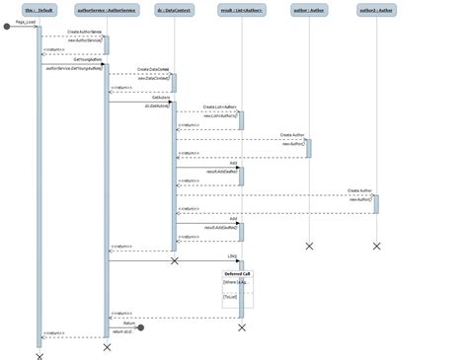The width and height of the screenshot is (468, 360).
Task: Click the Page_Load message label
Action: pyautogui.click(x=26, y=22)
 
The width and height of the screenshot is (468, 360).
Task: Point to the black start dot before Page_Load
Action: pyautogui.click(x=7, y=27)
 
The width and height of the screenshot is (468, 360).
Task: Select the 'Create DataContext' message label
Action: pyautogui.click(x=152, y=69)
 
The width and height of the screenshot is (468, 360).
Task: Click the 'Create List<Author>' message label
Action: pyautogui.click(x=219, y=107)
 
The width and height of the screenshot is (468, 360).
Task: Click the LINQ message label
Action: pyautogui.click(x=232, y=256)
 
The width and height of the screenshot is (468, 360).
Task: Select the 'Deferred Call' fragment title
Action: pyautogui.click(x=237, y=273)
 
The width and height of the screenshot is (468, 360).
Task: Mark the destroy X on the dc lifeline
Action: pyautogui.click(x=174, y=261)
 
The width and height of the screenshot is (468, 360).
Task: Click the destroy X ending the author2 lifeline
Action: pyautogui.click(x=375, y=246)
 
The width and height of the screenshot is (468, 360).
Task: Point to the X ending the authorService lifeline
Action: pyautogui.click(x=107, y=347)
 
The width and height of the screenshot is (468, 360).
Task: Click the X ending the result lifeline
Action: pyautogui.click(x=241, y=326)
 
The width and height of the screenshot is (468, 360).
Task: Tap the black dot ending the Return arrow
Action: pyautogui.click(x=141, y=326)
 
